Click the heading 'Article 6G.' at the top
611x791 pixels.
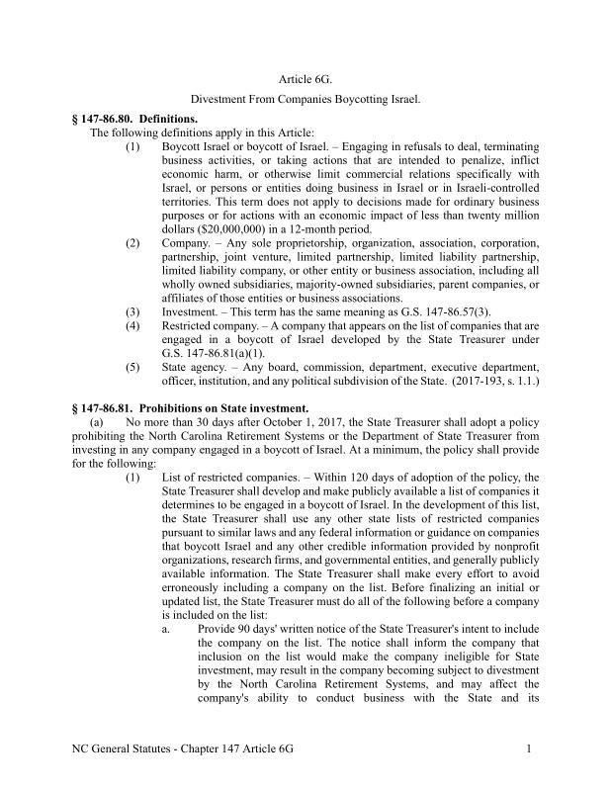click(305, 77)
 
